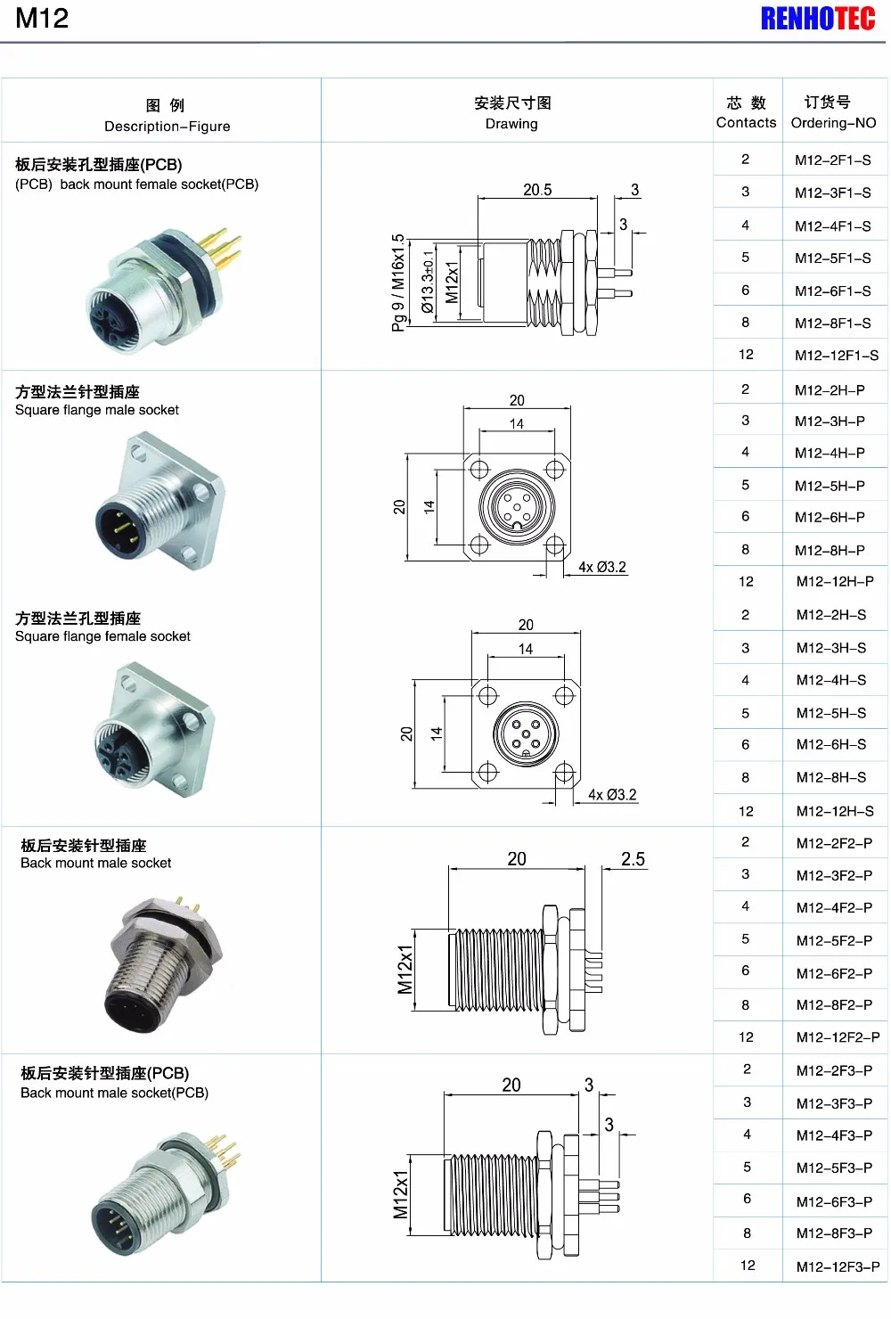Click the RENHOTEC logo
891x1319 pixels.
click(817, 19)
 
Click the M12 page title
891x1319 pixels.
click(42, 19)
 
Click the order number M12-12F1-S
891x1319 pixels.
click(836, 356)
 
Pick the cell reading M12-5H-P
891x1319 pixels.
click(830, 486)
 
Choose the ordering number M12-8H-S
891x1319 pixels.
click(830, 777)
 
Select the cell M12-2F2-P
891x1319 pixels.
click(834, 843)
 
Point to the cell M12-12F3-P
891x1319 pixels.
click(838, 1266)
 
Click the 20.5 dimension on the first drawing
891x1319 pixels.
click(537, 190)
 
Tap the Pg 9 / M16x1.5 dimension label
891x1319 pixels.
click(397, 283)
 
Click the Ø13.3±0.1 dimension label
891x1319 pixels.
click(429, 282)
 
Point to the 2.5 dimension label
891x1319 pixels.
click(633, 859)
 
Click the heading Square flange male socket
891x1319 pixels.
click(97, 410)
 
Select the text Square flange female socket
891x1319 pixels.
click(102, 636)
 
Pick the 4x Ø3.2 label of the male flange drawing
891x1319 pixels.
click(602, 567)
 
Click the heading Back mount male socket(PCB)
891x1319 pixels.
click(114, 1093)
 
